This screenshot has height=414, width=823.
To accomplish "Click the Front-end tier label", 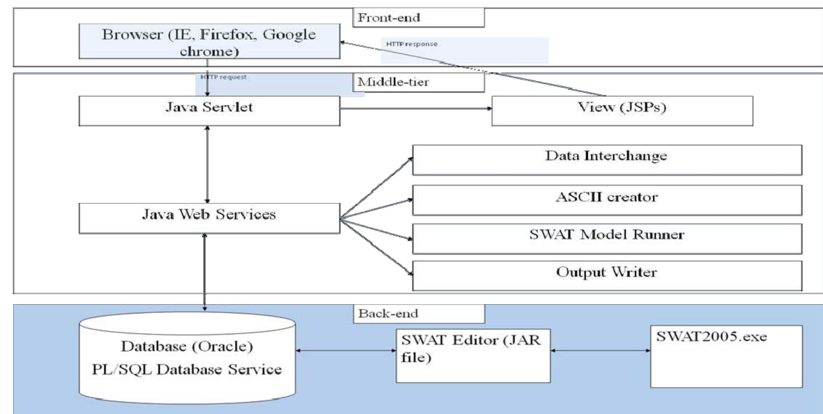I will tap(418, 18).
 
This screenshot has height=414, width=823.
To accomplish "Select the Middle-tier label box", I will tap(418, 82).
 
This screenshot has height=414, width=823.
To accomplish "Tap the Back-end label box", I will tap(419, 314).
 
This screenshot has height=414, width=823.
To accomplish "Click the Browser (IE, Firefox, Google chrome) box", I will tap(209, 41).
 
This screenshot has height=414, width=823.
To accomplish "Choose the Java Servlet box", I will tap(209, 111).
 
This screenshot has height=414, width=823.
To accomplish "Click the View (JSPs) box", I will tap(622, 111).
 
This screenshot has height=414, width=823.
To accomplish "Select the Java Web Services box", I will tap(209, 218).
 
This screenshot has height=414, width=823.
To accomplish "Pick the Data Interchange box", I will tap(607, 160).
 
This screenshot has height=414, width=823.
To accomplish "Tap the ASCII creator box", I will tap(607, 200).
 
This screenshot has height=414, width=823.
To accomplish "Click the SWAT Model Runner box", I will tap(607, 238).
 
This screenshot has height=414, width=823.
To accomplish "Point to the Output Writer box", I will tap(607, 275).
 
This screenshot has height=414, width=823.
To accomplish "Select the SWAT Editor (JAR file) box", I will tap(473, 356).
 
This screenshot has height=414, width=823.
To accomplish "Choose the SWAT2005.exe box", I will tap(726, 356).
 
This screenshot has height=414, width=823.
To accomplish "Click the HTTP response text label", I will tap(412, 44).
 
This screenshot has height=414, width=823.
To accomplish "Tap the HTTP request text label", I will tap(224, 77).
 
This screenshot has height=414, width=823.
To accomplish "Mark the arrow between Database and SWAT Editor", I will tap(346, 351).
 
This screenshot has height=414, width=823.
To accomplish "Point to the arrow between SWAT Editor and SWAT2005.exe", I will tap(600, 351).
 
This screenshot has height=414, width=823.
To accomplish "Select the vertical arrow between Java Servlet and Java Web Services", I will tap(207, 164).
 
